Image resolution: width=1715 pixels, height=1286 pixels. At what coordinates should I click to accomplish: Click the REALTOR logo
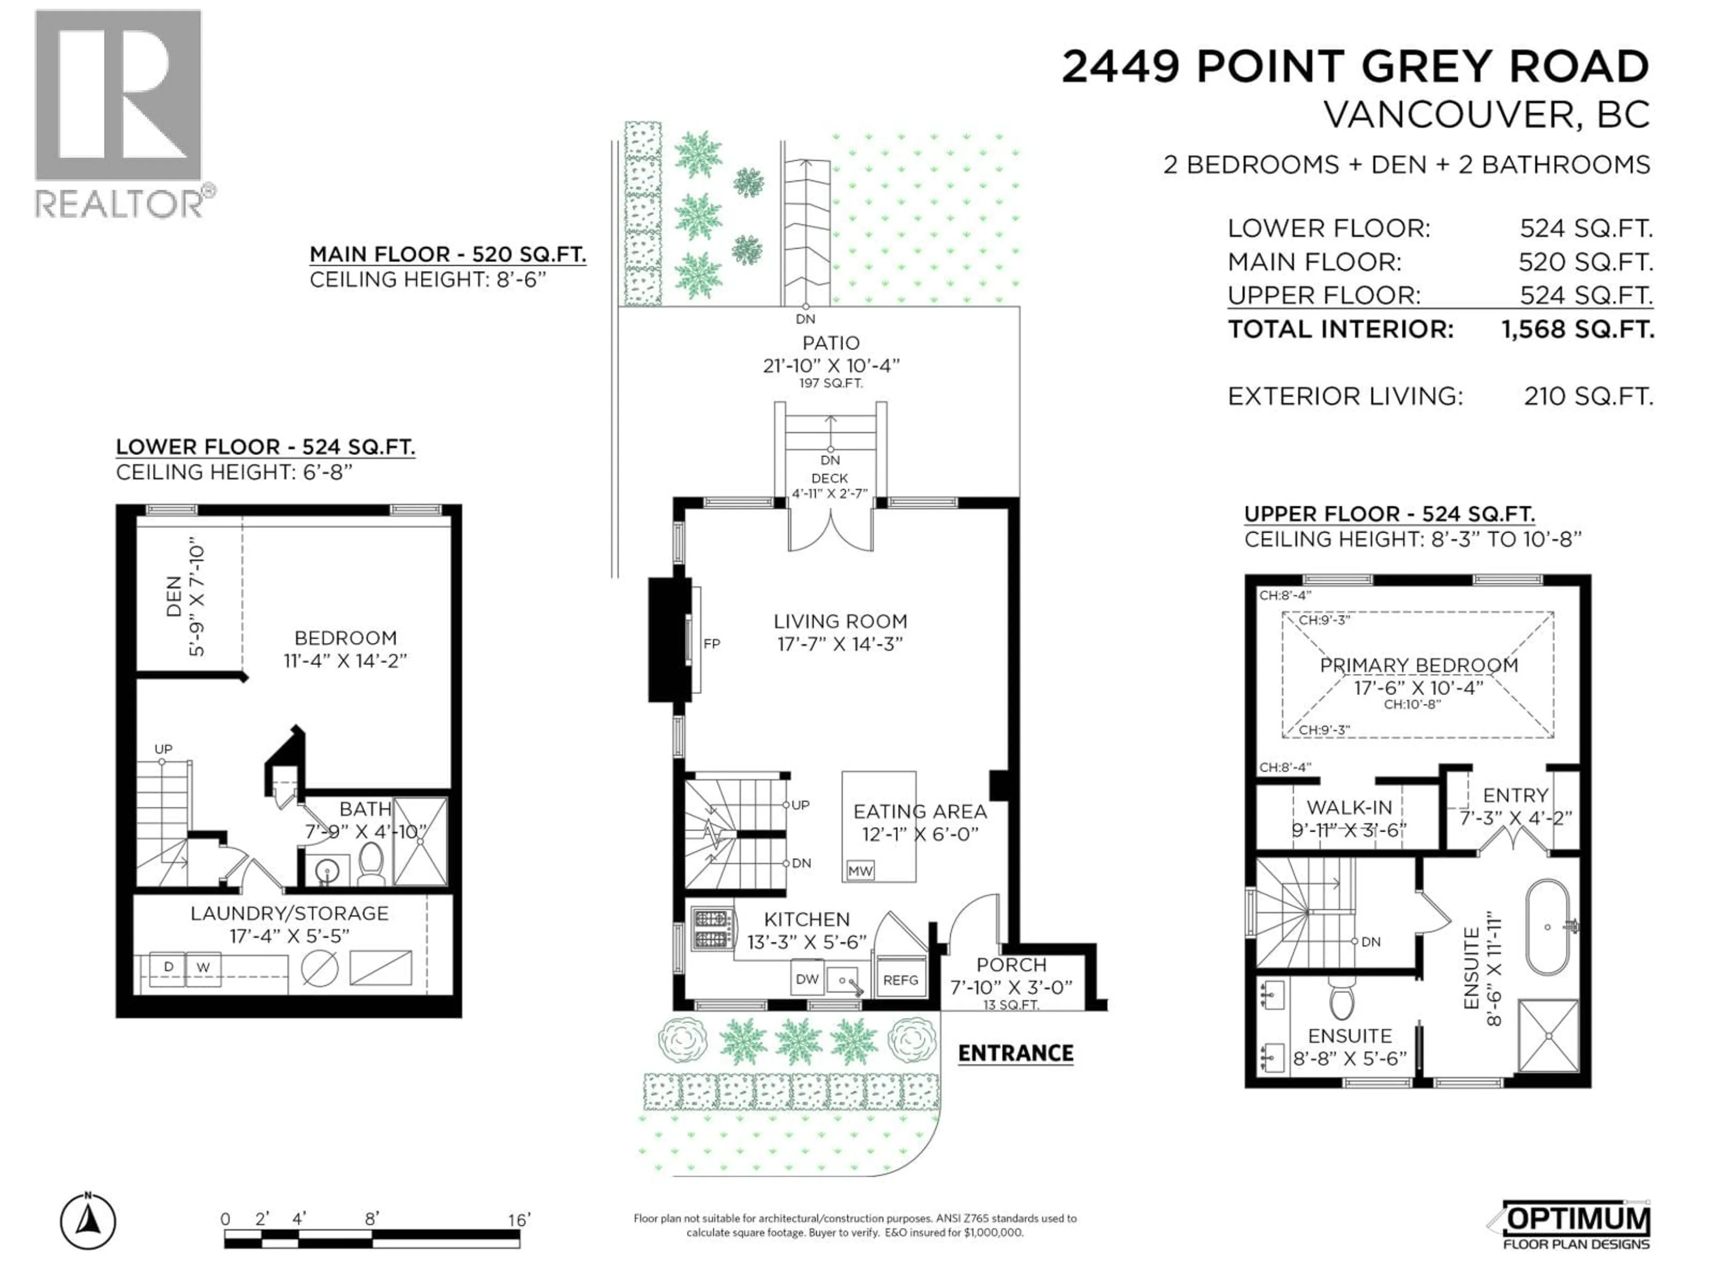tap(120, 113)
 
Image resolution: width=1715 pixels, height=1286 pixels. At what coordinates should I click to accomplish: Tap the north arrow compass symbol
tap(88, 1223)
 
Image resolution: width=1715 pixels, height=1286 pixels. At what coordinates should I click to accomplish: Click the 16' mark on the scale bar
tap(518, 1220)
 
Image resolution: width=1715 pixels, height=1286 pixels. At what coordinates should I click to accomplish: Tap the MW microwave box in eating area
tap(860, 871)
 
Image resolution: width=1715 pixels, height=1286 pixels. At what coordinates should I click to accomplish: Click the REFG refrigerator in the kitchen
tap(900, 980)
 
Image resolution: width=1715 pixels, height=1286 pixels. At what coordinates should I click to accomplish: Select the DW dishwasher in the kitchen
tap(807, 979)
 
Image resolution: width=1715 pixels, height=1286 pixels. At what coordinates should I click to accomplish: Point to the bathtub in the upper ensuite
tap(1548, 927)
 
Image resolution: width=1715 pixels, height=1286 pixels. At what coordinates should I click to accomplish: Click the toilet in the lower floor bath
tap(372, 862)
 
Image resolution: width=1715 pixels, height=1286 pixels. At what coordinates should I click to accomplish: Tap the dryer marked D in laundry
tap(168, 967)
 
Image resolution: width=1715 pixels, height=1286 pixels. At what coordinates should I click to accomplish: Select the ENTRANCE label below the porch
tap(1016, 1052)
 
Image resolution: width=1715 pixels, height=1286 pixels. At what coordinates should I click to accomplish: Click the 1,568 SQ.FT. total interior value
tap(1578, 330)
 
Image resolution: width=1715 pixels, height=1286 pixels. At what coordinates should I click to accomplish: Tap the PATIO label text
tap(830, 342)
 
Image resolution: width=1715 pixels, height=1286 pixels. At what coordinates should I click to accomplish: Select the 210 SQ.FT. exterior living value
tap(1588, 396)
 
